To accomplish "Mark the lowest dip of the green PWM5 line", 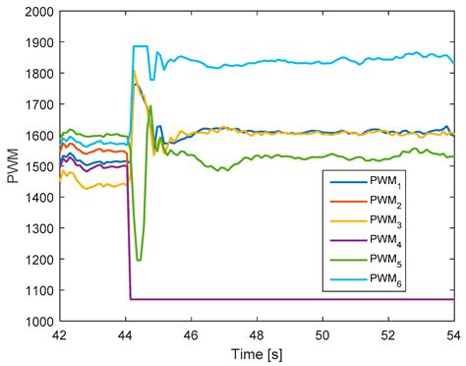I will (x=139, y=260).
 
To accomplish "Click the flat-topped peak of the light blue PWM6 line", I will (x=140, y=46).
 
